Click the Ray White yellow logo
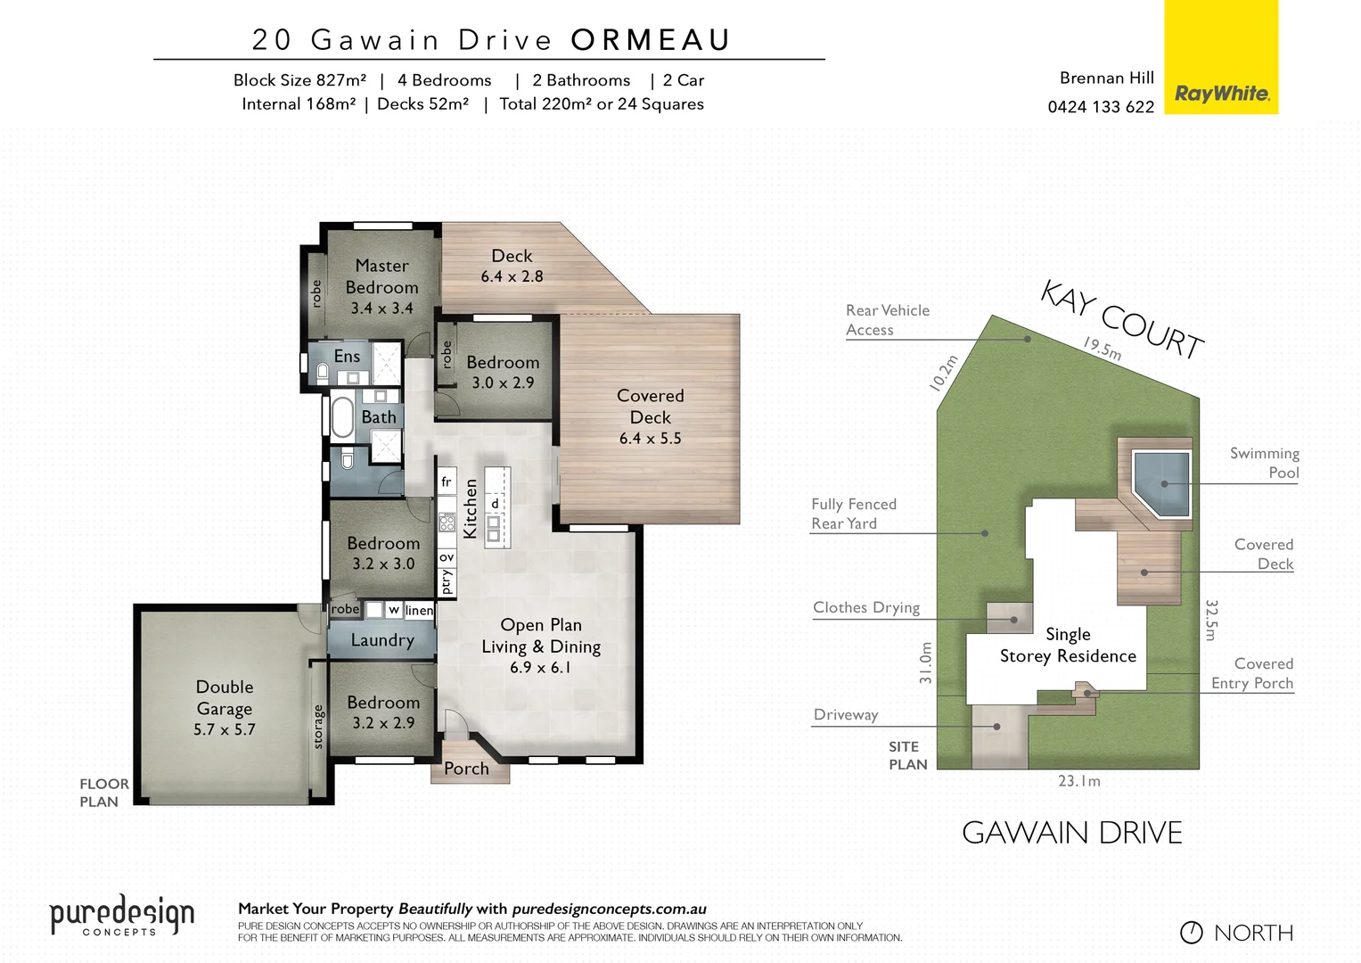click(x=1221, y=58)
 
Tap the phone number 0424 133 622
click(x=1101, y=107)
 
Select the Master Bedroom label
click(x=381, y=286)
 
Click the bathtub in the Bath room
click(x=342, y=416)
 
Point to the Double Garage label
click(x=225, y=708)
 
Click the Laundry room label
click(x=382, y=640)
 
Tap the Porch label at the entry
click(x=466, y=769)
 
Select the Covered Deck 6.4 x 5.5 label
click(x=651, y=416)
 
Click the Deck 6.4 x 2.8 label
click(x=512, y=266)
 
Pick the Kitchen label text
click(x=471, y=508)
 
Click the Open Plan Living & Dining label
click(x=541, y=646)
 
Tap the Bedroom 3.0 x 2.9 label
click(x=503, y=372)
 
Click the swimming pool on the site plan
click(x=1160, y=482)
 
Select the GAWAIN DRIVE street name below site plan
click(x=1072, y=833)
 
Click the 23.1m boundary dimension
click(x=1079, y=781)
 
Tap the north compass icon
click(x=1192, y=933)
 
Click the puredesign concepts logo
click(x=121, y=916)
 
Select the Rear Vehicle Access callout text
click(x=887, y=320)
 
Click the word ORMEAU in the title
click(x=651, y=40)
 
